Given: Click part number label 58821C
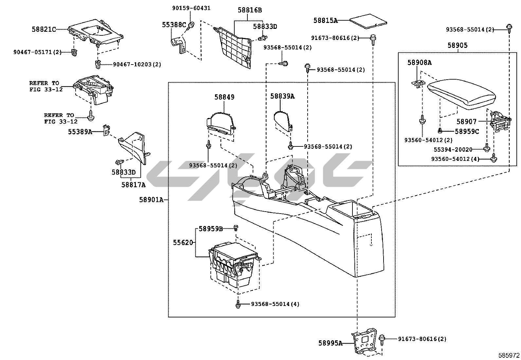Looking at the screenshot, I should pos(44,29).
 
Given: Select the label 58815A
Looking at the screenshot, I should pos(325,20).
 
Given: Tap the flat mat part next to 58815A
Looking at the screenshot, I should pos(368,21).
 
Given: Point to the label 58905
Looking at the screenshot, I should pos(458,46).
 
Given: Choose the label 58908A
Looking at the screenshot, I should pos(419,62).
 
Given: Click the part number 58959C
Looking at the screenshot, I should pos(467,131).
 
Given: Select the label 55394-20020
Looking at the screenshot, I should pos(453,150).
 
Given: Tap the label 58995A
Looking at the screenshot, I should pos(330,343).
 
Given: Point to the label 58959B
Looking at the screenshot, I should pos(211,229).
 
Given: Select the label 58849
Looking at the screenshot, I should pos(225,97).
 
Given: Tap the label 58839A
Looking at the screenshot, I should pos(282,96).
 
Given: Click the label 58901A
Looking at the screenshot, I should pos(151,199).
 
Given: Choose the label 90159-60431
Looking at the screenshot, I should pos(191,8).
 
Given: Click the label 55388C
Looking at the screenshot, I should pos(174,25).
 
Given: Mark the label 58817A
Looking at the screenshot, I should pos(133,184).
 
